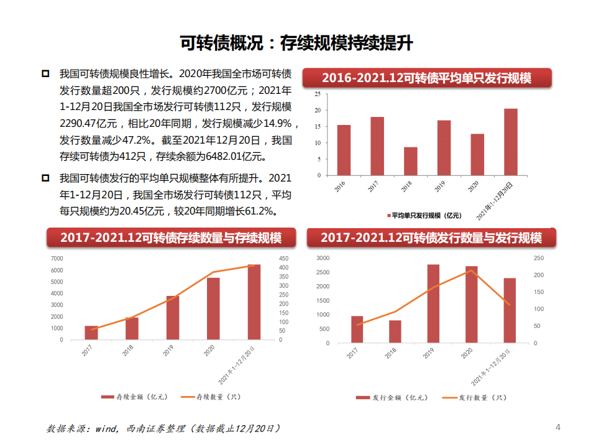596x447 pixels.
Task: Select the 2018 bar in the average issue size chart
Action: coord(411,161)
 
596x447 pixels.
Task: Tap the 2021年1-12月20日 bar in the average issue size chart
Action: coord(511,142)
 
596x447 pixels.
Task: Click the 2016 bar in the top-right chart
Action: coord(344,150)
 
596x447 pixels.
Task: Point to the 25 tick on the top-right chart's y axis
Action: coord(317,94)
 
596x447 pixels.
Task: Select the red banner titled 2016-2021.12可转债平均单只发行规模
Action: coord(426,78)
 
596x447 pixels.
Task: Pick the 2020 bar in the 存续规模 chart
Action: coord(213,309)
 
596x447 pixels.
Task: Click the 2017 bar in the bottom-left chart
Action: coord(91,333)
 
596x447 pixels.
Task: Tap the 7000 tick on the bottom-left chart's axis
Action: coord(57,258)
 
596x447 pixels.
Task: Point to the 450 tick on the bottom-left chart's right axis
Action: coord(283,258)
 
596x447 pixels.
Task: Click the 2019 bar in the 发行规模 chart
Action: coord(433,303)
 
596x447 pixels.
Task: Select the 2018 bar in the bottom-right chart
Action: coord(395,331)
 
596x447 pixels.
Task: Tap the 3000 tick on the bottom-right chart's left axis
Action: coord(323,258)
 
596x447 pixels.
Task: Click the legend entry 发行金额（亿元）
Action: coord(383,397)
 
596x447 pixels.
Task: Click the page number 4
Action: coord(557,427)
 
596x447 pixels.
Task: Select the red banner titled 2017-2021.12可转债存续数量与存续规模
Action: coord(170,238)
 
